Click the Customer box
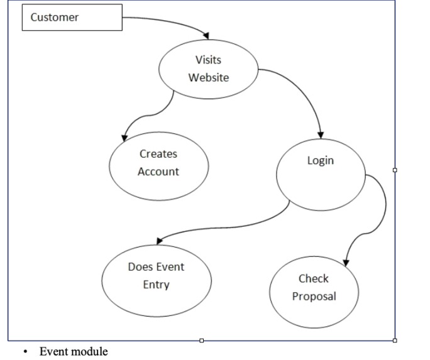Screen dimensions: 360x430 pos(72,18)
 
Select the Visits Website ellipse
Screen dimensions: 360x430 pos(209,68)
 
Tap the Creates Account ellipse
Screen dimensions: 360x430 pos(159,166)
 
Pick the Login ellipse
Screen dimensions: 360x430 pos(321,174)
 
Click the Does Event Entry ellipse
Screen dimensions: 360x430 pos(156,280)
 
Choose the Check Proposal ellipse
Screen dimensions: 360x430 pos(314,292)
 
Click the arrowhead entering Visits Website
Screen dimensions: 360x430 pos(205,36)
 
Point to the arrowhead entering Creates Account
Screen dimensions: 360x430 pos(125,137)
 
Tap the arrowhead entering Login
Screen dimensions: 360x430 pos(321,134)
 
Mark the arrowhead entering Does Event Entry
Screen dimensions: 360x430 pos(160,241)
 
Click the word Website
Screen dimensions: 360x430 pos(209,78)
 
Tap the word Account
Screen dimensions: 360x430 pos(158,172)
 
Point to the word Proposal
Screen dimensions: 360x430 pos(314,296)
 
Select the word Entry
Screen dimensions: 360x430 pos(156,285)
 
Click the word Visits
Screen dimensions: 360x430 pos(208,60)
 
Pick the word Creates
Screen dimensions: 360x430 pos(158,154)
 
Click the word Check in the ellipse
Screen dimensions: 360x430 pos(314,278)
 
